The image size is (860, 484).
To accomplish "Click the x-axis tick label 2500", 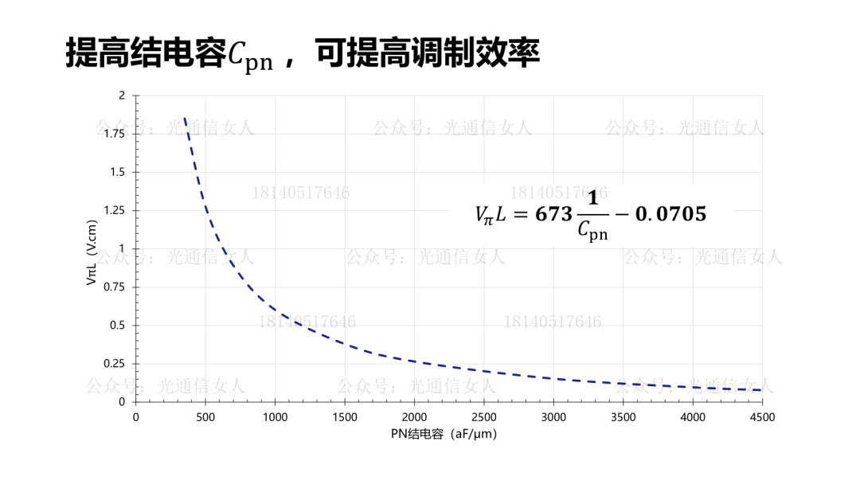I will click(x=484, y=416).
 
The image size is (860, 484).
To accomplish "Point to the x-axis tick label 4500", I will click(x=762, y=416).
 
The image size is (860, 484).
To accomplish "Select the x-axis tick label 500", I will click(x=205, y=416).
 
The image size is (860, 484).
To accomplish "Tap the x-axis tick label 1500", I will click(x=345, y=416).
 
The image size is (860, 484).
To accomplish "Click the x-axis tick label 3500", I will click(x=623, y=416).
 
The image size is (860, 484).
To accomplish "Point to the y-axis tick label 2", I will click(x=122, y=96).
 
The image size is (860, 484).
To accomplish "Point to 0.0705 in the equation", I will click(x=670, y=214).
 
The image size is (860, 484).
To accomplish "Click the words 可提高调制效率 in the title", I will click(x=428, y=53).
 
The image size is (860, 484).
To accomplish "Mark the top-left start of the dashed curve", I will click(x=185, y=118).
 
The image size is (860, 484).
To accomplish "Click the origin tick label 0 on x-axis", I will click(x=135, y=416).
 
